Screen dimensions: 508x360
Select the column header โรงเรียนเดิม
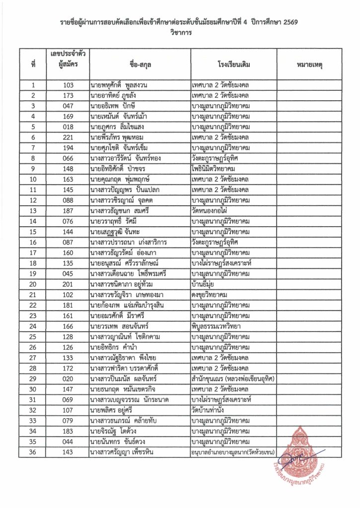click(233, 64)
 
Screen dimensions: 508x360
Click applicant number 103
click(68, 85)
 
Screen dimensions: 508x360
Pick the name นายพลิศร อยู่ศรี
click(115, 410)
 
